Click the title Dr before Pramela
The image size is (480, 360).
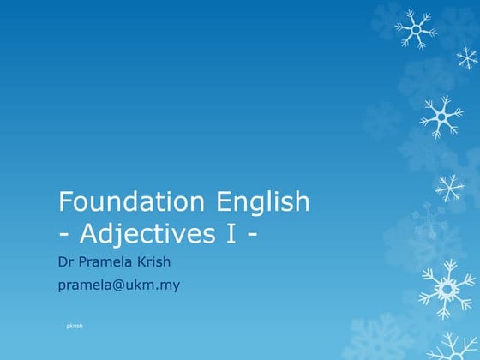point(65,261)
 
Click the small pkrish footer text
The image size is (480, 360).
point(75,327)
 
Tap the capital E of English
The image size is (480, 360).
point(219,202)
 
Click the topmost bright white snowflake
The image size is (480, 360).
point(416,29)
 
